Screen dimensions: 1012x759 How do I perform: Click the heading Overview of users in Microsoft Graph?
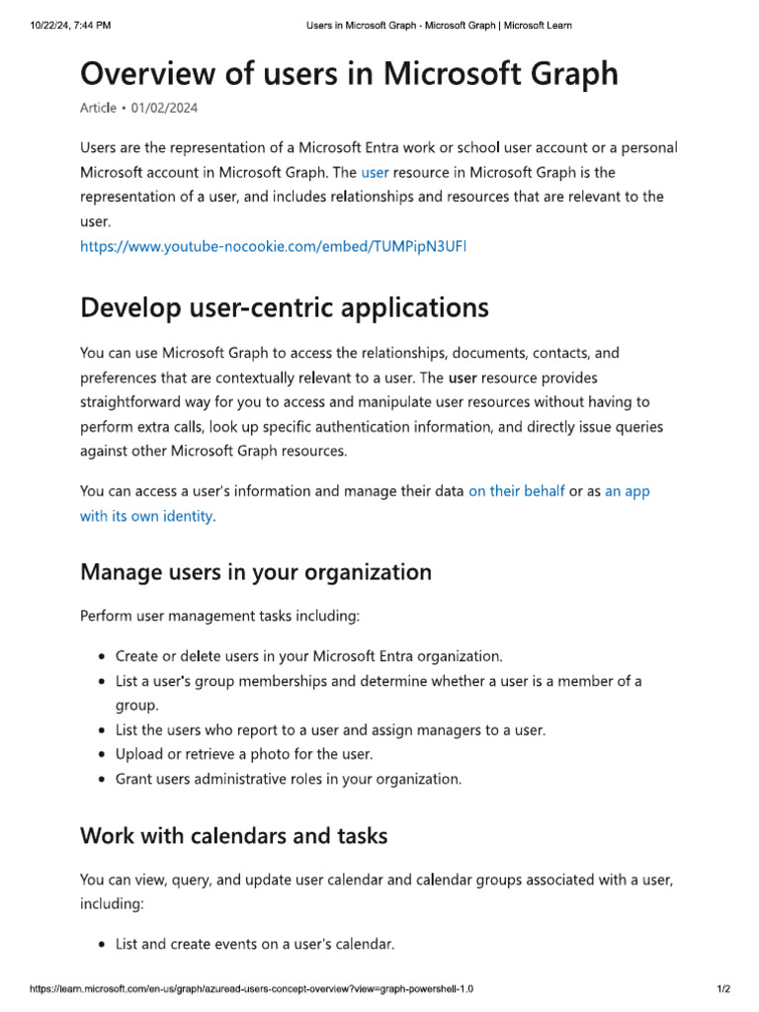tap(349, 73)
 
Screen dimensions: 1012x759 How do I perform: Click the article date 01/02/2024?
tap(172, 108)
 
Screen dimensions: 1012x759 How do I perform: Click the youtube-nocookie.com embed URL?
tap(273, 246)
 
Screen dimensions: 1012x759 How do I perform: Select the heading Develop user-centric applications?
tap(284, 307)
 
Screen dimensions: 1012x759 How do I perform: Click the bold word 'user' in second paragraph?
tap(464, 378)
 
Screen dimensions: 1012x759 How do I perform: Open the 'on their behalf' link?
tap(516, 490)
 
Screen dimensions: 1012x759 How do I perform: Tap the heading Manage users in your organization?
tap(255, 572)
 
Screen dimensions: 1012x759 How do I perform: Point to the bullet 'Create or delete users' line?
tap(308, 656)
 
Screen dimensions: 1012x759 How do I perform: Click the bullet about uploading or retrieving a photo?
tap(244, 754)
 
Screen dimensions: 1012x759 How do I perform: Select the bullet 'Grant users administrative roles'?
tap(288, 779)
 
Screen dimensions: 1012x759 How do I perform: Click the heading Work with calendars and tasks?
tap(233, 835)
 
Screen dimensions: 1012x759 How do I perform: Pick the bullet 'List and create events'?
tap(255, 944)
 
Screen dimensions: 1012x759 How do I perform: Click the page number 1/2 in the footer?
tap(722, 989)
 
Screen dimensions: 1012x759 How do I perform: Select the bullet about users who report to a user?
tap(330, 730)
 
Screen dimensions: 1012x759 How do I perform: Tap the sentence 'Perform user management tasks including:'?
tap(219, 616)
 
